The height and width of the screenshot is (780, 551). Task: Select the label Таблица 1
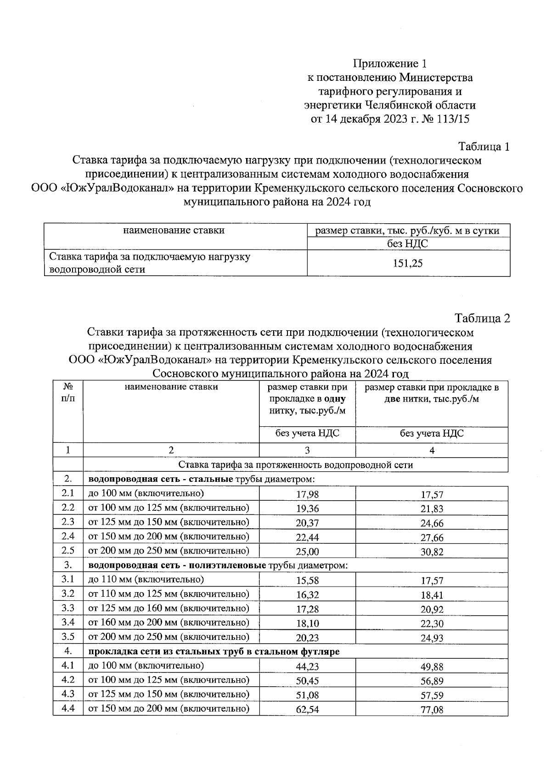(x=484, y=147)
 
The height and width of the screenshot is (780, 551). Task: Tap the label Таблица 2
(x=482, y=318)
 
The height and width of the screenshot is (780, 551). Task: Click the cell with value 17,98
(x=307, y=494)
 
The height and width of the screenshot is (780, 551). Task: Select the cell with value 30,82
(x=432, y=552)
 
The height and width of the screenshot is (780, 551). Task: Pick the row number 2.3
(x=68, y=522)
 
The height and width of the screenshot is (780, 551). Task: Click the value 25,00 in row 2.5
(x=307, y=552)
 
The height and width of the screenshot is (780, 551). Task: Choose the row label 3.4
(x=68, y=622)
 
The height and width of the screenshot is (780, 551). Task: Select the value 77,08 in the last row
(x=432, y=710)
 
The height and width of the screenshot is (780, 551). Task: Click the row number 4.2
(x=68, y=680)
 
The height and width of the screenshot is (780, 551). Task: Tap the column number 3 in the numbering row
(x=307, y=451)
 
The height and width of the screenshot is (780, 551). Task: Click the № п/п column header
(x=68, y=393)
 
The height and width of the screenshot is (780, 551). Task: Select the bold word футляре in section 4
(x=321, y=651)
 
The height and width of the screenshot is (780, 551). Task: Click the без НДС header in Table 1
(x=408, y=244)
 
